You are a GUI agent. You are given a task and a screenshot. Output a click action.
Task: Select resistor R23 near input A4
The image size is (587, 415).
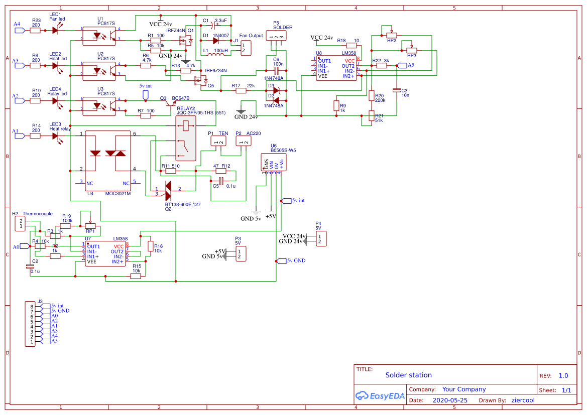tap(35, 31)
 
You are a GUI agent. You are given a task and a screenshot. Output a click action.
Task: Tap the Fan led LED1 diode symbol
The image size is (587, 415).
tap(55, 31)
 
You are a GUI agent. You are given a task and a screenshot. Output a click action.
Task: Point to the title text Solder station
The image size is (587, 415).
tap(408, 375)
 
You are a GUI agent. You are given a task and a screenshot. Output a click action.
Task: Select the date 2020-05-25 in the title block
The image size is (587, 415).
tap(449, 400)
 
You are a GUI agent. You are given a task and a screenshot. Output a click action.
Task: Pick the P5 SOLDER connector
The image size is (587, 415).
tap(276, 36)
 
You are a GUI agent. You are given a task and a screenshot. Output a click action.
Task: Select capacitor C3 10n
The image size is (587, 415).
tap(397, 90)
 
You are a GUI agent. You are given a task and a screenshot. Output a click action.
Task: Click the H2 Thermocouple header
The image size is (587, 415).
tap(21, 223)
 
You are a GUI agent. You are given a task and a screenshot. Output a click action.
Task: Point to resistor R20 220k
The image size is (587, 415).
tap(372, 95)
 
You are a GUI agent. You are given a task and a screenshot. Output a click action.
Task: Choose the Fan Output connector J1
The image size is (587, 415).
tap(246, 48)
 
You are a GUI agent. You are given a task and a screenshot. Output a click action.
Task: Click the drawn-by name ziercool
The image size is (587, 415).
tap(523, 400)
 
